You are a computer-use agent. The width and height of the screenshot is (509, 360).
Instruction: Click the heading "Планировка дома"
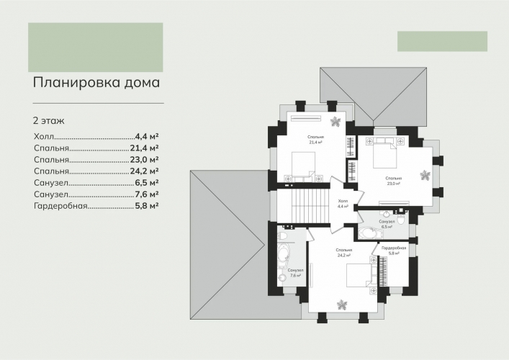(96, 83)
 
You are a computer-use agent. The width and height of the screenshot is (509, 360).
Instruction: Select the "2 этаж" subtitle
(49, 121)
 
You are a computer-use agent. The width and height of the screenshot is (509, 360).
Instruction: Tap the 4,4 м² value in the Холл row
(147, 136)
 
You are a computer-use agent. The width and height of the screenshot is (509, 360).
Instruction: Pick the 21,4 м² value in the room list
(145, 148)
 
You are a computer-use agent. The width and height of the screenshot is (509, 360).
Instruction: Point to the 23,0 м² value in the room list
(145, 160)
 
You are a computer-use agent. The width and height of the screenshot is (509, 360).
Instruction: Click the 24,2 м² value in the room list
(145, 171)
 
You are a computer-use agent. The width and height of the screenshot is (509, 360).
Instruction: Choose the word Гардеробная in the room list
(60, 206)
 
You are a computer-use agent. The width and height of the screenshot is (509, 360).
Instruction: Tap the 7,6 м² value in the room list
(147, 194)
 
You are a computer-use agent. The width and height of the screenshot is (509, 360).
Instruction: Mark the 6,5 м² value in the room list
(147, 183)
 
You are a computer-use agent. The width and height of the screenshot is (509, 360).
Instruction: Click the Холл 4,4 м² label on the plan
(343, 204)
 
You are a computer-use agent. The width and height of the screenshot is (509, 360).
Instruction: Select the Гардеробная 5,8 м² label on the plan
(394, 251)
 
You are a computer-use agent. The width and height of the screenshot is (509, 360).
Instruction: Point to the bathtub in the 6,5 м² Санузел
(369, 233)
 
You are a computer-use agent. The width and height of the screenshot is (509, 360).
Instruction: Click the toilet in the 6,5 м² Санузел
(401, 220)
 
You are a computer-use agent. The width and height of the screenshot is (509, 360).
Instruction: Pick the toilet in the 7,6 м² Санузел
(282, 235)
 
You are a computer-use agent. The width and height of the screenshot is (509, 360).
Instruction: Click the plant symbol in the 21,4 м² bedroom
(335, 122)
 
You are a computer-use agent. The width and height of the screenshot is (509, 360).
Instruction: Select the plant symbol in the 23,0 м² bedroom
(425, 175)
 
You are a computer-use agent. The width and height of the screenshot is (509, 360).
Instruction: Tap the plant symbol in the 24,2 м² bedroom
(342, 305)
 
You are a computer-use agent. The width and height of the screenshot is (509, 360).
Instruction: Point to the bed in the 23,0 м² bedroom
(385, 156)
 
